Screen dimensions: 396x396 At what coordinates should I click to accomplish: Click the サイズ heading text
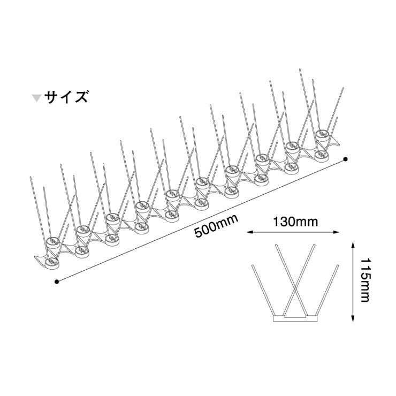[66, 97]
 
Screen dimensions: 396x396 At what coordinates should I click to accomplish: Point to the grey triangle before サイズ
[36, 98]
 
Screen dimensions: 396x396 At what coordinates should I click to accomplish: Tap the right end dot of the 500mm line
[346, 159]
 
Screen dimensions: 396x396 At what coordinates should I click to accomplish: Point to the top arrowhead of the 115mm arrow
[352, 243]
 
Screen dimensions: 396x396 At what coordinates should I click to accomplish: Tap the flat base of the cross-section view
[296, 319]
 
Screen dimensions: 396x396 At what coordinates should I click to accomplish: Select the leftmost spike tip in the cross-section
[252, 265]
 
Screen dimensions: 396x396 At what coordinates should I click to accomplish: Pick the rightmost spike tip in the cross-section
[339, 264]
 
